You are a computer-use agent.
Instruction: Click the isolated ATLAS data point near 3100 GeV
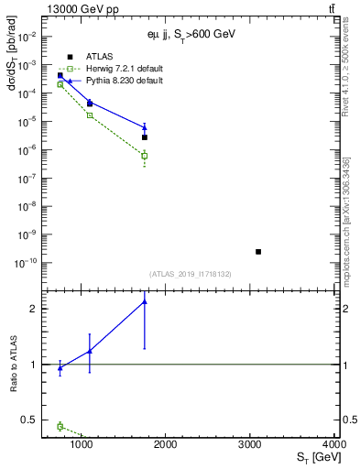[258, 251]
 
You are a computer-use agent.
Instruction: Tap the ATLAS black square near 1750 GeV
[145, 137]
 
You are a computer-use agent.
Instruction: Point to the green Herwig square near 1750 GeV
[145, 156]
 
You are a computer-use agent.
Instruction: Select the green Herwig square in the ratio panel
[60, 426]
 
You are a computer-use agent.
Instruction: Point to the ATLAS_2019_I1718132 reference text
[191, 274]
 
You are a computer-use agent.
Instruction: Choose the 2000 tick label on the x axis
[165, 444]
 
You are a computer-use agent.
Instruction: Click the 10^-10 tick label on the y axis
[25, 263]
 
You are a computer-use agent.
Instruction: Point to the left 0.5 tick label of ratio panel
[27, 420]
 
